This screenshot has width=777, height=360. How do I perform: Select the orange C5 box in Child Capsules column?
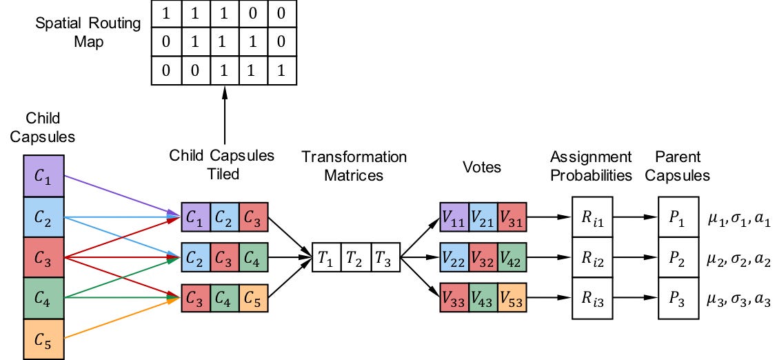tap(44, 339)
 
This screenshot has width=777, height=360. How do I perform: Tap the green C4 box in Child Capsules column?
tap(44, 298)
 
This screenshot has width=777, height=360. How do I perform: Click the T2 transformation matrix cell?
tap(355, 259)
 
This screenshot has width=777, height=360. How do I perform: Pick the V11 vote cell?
tap(454, 217)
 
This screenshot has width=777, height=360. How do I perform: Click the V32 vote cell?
tap(483, 259)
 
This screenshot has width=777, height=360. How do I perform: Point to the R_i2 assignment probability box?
tap(592, 259)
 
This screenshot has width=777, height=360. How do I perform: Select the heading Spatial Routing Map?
tap(88, 32)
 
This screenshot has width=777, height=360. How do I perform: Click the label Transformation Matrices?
tap(354, 166)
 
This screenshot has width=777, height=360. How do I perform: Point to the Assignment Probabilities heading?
tap(591, 166)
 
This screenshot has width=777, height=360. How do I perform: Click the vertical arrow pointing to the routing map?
tap(224, 124)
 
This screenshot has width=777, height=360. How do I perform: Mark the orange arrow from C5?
tap(117, 320)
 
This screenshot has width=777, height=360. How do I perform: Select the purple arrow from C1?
tap(117, 196)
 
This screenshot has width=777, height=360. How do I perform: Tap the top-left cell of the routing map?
tap(165, 12)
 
